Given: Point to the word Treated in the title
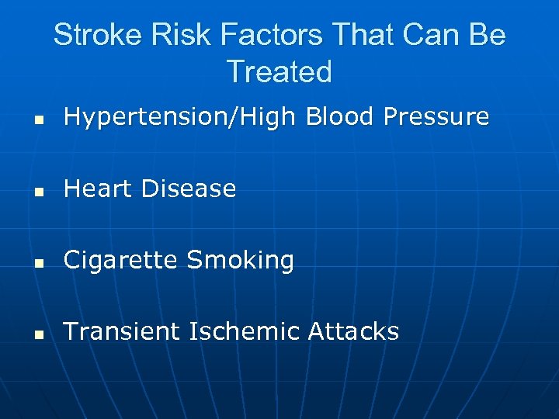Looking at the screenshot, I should click(279, 72).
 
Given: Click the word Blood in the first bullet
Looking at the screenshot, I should click(340, 116).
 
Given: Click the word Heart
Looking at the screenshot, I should click(98, 188).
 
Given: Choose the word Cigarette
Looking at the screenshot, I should click(121, 260).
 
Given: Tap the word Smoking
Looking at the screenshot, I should click(241, 261).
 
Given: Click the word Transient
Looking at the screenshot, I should click(121, 331).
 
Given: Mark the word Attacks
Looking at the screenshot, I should click(353, 331).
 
